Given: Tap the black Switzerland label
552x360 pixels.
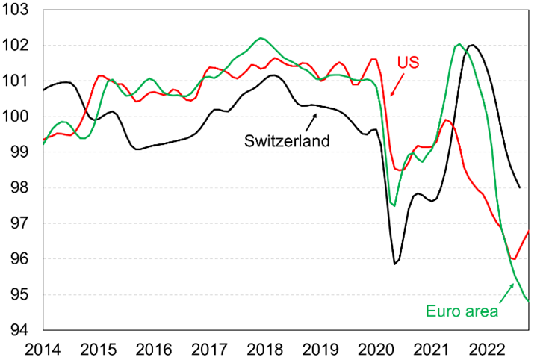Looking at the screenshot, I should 288,140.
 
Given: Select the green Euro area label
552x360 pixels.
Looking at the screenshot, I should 460,310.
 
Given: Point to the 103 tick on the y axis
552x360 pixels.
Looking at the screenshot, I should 21,10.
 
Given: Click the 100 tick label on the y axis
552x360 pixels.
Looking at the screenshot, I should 21,117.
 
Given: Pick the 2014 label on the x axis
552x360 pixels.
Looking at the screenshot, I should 43,348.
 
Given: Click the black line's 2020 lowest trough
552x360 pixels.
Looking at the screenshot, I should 394,264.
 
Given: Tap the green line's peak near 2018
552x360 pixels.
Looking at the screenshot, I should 260,38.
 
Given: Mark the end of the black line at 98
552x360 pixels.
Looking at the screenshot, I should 520,187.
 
